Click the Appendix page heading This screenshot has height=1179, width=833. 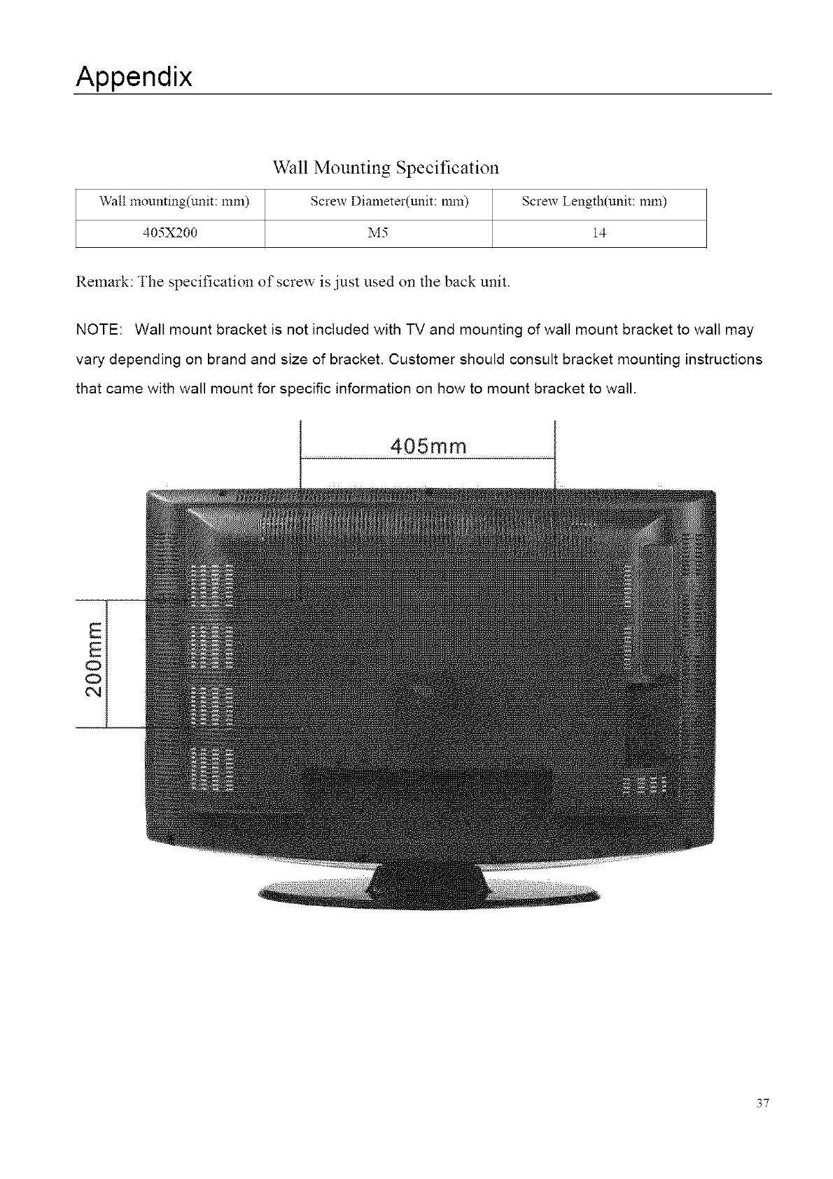pyautogui.click(x=134, y=76)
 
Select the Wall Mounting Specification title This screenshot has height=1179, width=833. pyautogui.click(x=386, y=168)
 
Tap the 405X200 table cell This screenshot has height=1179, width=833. pyautogui.click(x=170, y=234)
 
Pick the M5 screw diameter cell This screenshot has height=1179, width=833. pyautogui.click(x=378, y=234)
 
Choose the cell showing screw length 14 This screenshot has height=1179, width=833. pyautogui.click(x=598, y=234)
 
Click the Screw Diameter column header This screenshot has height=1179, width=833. pyautogui.click(x=389, y=202)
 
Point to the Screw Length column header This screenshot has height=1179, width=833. pyautogui.click(x=594, y=202)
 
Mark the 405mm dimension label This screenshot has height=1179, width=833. pyautogui.click(x=427, y=446)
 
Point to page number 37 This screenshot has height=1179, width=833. pyautogui.click(x=762, y=1104)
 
